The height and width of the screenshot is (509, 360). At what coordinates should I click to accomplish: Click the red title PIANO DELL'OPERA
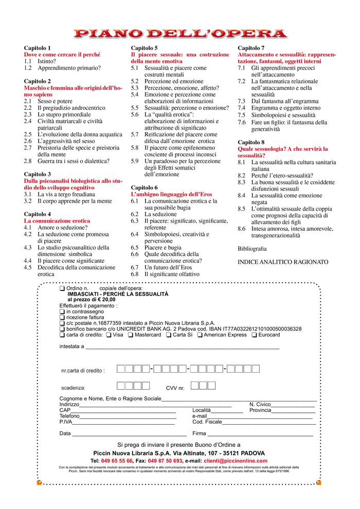[x=180, y=34]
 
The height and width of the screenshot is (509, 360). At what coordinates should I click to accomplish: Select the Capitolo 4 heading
[x=38, y=214]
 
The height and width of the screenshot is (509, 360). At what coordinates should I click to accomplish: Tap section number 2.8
[x=28, y=161]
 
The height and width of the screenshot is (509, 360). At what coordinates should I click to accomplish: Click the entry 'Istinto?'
[x=47, y=61]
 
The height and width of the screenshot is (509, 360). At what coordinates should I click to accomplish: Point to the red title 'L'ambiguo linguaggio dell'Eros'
[x=164, y=194]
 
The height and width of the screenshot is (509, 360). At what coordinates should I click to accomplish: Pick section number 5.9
[x=135, y=161]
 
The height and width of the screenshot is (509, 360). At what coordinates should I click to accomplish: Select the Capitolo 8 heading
[x=251, y=142]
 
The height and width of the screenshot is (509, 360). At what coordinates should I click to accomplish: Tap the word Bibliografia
[x=252, y=248]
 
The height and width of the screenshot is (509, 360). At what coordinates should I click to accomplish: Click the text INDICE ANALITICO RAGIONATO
[x=283, y=262]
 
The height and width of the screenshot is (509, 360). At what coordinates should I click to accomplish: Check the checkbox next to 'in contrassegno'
[x=62, y=312]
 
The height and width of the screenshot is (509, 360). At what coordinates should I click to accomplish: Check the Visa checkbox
[x=109, y=335]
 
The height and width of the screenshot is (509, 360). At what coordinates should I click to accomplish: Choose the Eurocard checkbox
[x=254, y=335]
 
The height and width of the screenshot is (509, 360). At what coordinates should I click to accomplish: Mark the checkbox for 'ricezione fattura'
[x=62, y=317]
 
